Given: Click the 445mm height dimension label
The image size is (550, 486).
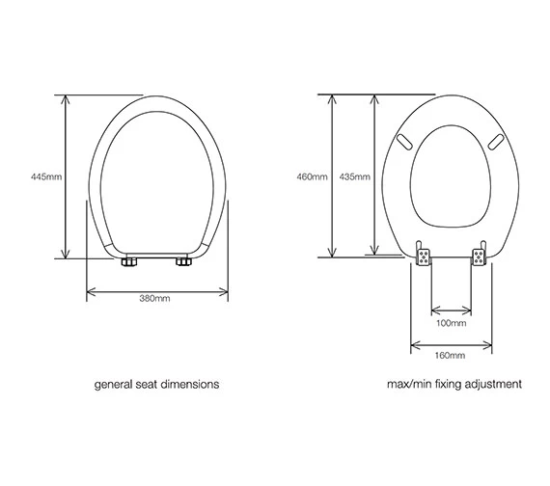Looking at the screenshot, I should pyautogui.click(x=45, y=176).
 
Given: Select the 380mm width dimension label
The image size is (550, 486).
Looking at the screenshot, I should pyautogui.click(x=155, y=298).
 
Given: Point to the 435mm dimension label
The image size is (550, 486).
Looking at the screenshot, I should pyautogui.click(x=355, y=176).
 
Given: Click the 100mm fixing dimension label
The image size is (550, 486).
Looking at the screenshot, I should pyautogui.click(x=451, y=323).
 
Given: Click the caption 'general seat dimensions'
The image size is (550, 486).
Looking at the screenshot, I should pyautogui.click(x=155, y=384).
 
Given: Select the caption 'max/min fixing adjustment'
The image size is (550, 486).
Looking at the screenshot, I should pyautogui.click(x=454, y=384).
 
